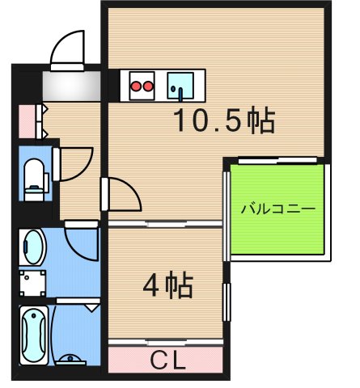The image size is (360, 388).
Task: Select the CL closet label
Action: [x=167, y=356]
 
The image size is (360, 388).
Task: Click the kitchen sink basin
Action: [x=179, y=84]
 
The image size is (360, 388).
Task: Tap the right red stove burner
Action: [x=149, y=84]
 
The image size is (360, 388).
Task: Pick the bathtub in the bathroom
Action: [x=35, y=332]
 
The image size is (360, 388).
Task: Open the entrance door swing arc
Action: [x=68, y=50]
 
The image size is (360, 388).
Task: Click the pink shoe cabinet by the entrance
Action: [x=27, y=120]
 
